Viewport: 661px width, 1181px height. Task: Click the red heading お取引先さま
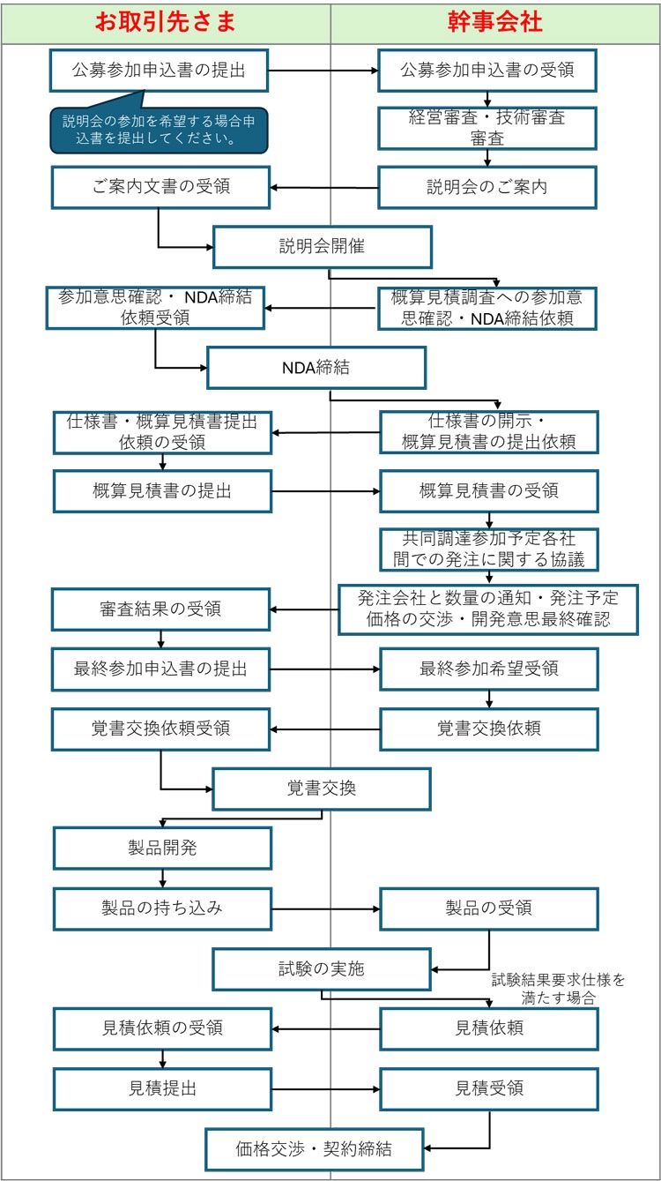point(166,22)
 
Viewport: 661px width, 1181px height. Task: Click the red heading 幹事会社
point(494,22)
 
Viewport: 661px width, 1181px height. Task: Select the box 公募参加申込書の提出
point(159,70)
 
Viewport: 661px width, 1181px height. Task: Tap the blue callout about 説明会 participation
point(159,129)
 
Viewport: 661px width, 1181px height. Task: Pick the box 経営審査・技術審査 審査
point(487,127)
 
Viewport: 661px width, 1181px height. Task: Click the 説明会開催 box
point(322,247)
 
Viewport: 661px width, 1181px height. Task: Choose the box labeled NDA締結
point(316,367)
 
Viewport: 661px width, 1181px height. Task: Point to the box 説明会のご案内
point(487,187)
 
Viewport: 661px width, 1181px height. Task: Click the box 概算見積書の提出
point(162,491)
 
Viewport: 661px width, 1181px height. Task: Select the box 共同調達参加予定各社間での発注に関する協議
point(487,549)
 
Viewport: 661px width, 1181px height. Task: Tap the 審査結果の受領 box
point(160,609)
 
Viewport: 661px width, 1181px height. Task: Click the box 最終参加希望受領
point(488,669)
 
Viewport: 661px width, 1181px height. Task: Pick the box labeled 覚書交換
point(322,789)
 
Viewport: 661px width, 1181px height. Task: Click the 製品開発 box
point(162,849)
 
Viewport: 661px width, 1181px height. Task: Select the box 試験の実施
point(321,969)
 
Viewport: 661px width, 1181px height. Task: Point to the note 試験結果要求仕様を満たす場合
point(557,989)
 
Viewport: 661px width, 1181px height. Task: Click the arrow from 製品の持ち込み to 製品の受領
point(325,908)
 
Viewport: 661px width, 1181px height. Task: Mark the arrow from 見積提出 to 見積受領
point(325,1088)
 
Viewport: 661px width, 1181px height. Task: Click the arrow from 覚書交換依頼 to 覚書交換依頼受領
point(325,729)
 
